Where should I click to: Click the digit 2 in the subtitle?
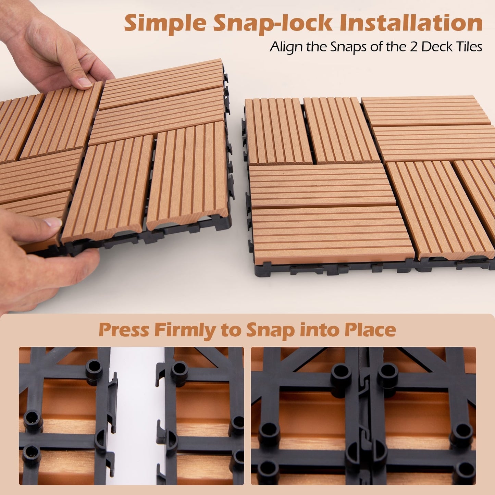(x=414, y=47)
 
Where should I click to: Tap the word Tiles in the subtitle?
(x=468, y=47)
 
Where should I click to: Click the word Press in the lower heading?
(x=124, y=330)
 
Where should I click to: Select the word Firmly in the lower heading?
(x=185, y=330)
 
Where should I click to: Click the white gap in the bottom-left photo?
(x=135, y=411)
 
